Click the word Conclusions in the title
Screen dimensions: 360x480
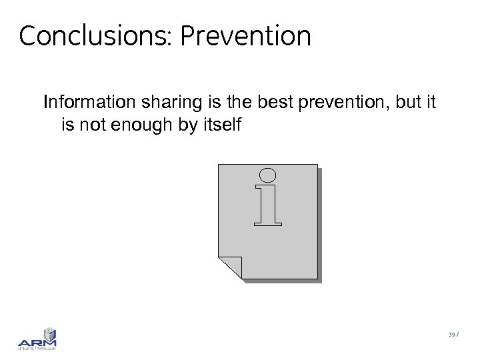click(95, 36)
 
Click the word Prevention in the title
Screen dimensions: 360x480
click(245, 36)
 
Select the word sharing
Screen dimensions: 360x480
click(159, 103)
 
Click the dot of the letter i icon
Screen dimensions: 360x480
click(267, 176)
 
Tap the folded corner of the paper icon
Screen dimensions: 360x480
click(230, 267)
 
